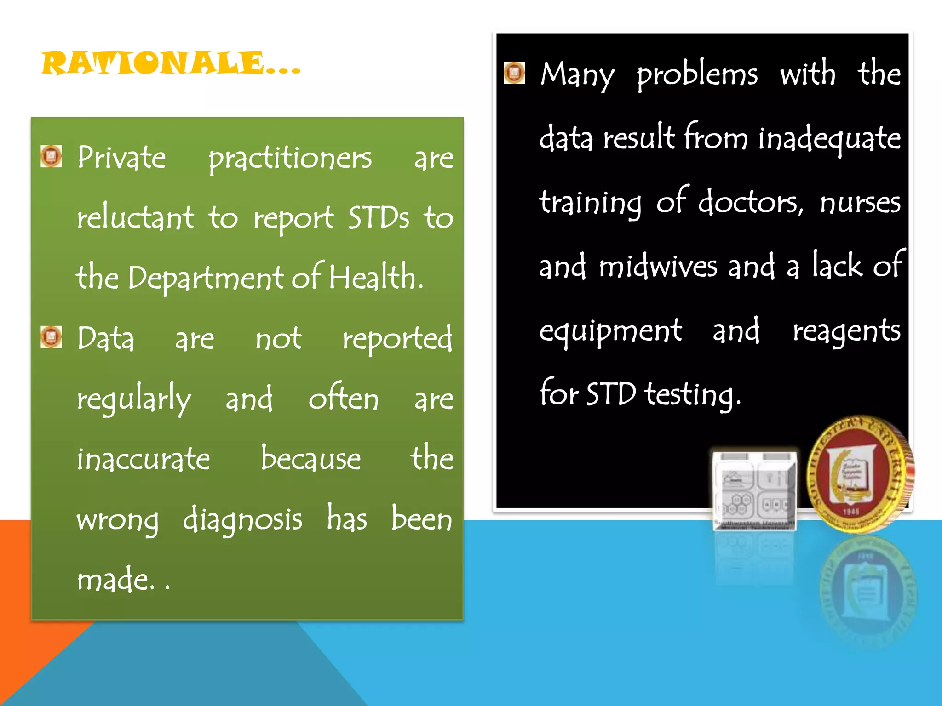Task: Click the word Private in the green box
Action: click(x=121, y=158)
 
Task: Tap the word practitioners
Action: click(x=290, y=159)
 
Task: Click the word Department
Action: click(x=205, y=278)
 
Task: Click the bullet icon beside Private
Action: click(x=51, y=156)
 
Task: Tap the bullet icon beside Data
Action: click(x=51, y=337)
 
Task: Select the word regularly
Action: click(x=134, y=399)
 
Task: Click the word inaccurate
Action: click(x=143, y=459)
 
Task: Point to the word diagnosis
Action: click(x=242, y=520)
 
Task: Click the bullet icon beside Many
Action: click(x=514, y=73)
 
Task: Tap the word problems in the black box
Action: click(x=697, y=74)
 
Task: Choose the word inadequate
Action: click(x=829, y=139)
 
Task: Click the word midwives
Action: click(x=658, y=267)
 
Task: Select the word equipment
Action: click(x=610, y=331)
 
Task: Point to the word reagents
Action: click(x=846, y=331)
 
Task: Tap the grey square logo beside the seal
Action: click(x=754, y=490)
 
